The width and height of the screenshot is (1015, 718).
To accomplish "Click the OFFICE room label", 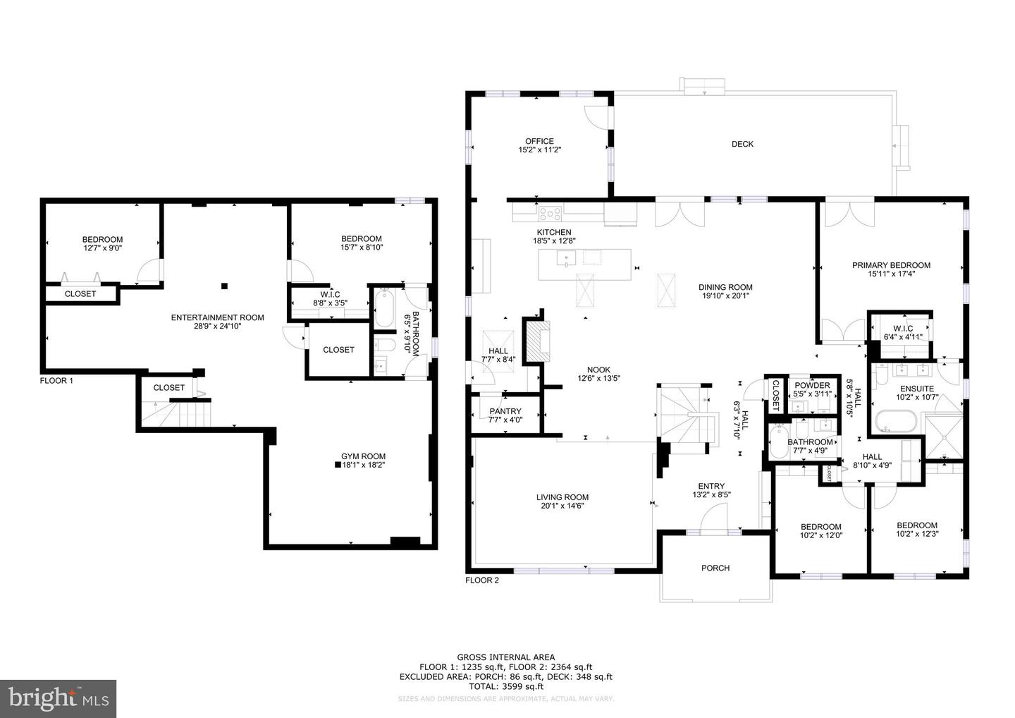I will click(539, 141).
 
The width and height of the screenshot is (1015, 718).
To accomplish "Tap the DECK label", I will click(742, 144).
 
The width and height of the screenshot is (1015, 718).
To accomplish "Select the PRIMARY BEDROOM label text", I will click(891, 265).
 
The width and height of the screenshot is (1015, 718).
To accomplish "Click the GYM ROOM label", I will click(363, 456).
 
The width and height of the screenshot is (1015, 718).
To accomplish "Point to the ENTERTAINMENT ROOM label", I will click(217, 317).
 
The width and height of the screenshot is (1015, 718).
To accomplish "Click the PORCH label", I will click(715, 568).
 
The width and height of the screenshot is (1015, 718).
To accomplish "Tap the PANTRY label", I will click(505, 411).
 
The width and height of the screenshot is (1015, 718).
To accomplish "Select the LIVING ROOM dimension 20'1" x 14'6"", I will click(562, 506).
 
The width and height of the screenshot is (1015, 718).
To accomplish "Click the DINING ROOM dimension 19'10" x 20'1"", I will click(725, 296).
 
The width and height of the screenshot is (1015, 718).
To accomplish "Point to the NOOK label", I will click(598, 370).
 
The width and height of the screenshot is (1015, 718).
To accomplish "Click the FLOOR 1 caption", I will click(56, 381).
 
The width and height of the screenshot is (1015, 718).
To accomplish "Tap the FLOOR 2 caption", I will click(482, 580).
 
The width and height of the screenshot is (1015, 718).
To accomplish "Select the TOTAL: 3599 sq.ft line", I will click(505, 686).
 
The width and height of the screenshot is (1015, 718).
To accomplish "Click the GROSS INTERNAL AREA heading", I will click(505, 657).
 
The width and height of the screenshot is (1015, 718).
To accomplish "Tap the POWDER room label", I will click(812, 385).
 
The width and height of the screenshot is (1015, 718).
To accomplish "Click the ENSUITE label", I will click(916, 389).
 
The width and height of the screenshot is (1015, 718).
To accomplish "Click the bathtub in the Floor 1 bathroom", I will click(384, 309).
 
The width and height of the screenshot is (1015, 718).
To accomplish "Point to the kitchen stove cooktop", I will click(550, 211).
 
